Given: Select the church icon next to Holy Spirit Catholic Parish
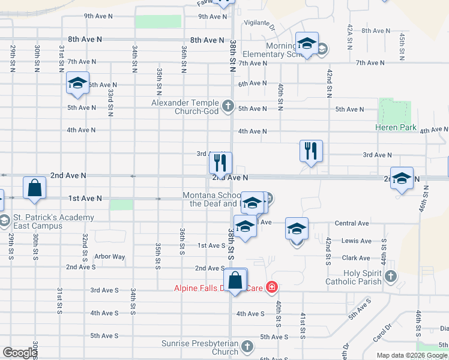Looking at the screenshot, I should click(x=391, y=277).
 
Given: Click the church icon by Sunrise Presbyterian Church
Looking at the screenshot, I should click(x=246, y=346).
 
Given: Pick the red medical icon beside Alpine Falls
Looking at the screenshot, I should click(x=272, y=288).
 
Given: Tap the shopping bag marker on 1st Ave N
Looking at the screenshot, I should click(x=35, y=188).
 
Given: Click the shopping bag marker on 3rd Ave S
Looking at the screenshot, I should click(x=235, y=280).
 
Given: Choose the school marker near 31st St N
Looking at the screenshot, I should click(x=77, y=83).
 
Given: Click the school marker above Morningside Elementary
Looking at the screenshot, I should click(x=307, y=44).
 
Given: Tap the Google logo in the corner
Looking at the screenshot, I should click(x=19, y=353).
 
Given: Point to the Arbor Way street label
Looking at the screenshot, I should click(x=110, y=257).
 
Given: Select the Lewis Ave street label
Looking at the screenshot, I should click(x=357, y=241).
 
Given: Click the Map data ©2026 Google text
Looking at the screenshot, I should click(x=412, y=355).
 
